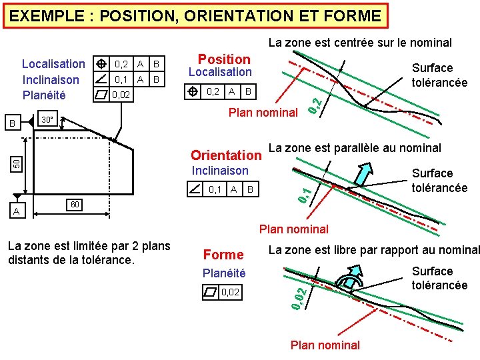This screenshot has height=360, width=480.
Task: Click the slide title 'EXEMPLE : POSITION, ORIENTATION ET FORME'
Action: tap(195, 15)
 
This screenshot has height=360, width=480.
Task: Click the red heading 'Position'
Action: tap(224, 59)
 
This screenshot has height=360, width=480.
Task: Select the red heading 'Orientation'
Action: tap(226, 155)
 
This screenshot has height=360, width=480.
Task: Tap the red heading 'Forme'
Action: tap(223, 254)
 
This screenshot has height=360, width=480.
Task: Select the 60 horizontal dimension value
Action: tap(75, 203)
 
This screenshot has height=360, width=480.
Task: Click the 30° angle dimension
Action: tap(47, 120)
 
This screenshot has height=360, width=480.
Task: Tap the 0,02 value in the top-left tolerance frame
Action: tap(121, 95)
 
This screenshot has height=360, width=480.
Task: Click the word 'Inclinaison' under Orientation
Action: tap(220, 171)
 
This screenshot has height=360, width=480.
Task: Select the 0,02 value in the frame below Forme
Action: tap(230, 292)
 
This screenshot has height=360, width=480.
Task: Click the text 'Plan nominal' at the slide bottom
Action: tap(325, 345)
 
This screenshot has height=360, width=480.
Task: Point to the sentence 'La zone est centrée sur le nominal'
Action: tap(360, 43)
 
